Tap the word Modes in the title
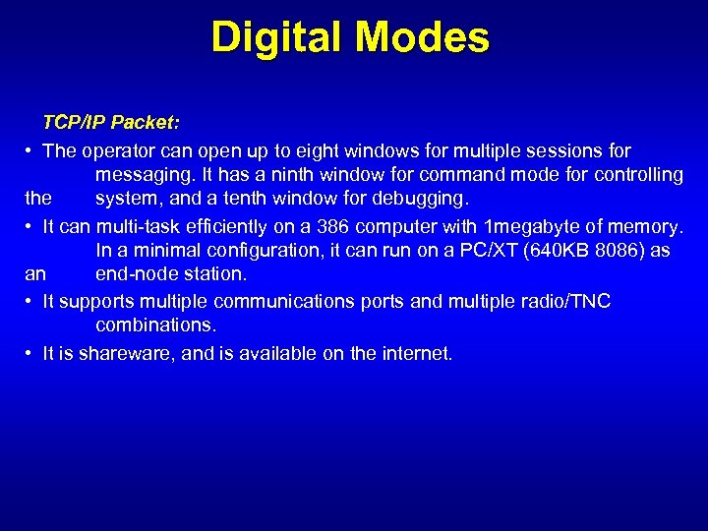(423, 37)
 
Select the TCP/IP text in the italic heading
(75, 123)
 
